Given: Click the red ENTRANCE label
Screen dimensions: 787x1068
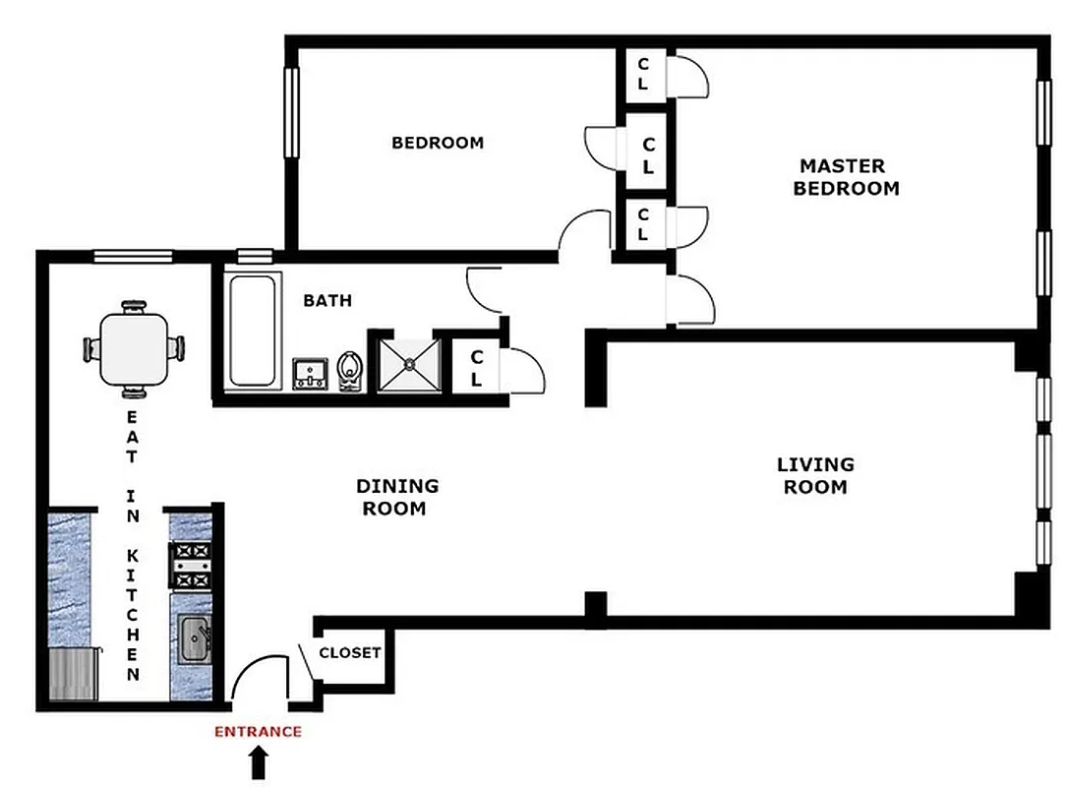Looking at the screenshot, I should pyautogui.click(x=259, y=731).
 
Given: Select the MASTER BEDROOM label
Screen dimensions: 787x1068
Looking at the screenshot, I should pyautogui.click(x=846, y=177).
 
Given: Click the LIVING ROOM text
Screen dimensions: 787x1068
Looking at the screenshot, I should pyautogui.click(x=815, y=475).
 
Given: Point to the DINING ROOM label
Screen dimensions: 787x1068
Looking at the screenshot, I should pyautogui.click(x=397, y=497).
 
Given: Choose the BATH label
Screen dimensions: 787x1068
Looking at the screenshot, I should pyautogui.click(x=327, y=300).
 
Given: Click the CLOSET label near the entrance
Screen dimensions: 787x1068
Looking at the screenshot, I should pyautogui.click(x=350, y=652).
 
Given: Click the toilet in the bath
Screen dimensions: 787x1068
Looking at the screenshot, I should pyautogui.click(x=349, y=371).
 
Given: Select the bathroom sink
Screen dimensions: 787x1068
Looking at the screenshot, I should pyautogui.click(x=312, y=374).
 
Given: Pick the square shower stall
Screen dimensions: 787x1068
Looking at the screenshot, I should pyautogui.click(x=405, y=363).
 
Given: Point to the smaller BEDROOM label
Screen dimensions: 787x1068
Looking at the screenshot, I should pyautogui.click(x=438, y=143).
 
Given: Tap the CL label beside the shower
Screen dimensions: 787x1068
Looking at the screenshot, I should pyautogui.click(x=476, y=367).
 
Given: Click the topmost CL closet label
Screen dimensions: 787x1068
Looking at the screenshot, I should pyautogui.click(x=643, y=74).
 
